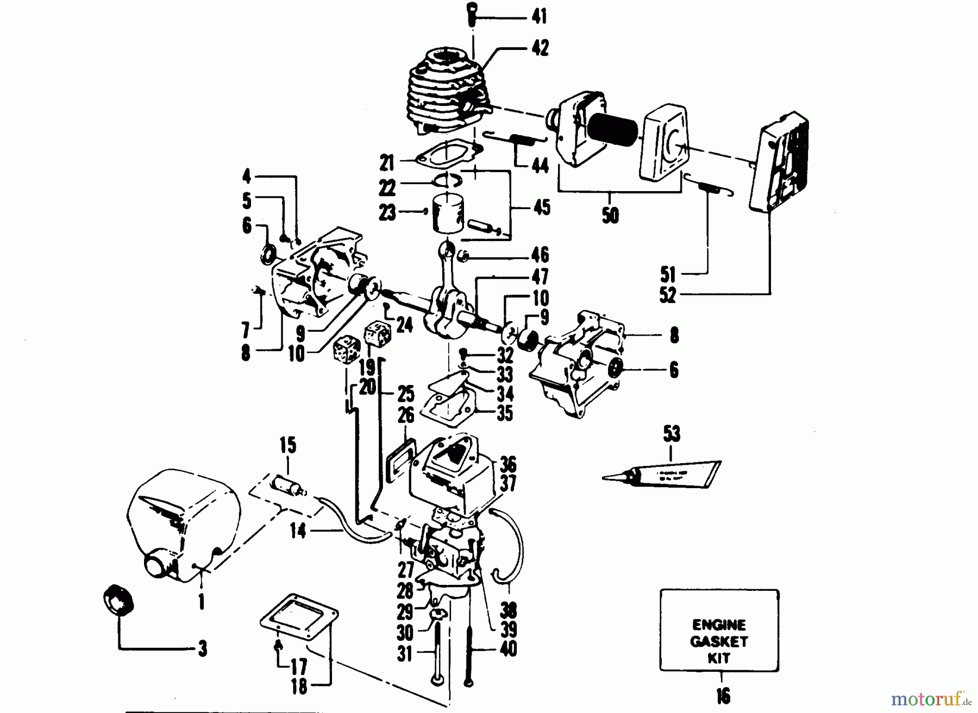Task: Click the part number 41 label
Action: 538,17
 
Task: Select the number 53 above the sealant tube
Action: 672,434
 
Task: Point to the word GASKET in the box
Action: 719,641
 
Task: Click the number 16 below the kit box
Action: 723,696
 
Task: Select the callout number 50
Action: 611,216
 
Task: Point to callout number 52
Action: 667,295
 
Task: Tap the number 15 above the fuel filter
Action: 288,446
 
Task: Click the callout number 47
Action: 539,277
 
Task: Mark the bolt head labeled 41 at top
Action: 472,12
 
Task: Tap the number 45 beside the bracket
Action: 541,207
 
